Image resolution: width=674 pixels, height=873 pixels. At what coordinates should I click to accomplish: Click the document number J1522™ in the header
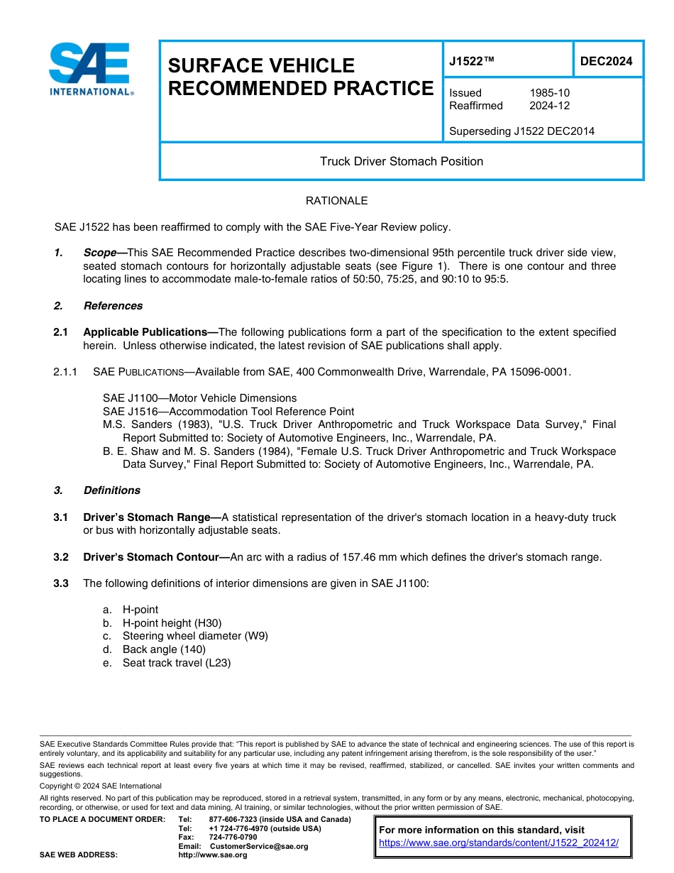pos(471,62)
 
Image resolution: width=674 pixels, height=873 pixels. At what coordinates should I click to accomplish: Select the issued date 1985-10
pos(549,93)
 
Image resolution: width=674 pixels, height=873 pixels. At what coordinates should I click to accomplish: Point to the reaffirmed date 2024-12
pos(549,106)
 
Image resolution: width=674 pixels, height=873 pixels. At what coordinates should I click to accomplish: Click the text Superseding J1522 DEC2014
pos(521,131)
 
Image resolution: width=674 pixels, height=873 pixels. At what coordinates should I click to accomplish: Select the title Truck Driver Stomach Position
pos(401,161)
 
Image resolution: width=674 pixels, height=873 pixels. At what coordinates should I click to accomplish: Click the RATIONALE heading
pos(336,201)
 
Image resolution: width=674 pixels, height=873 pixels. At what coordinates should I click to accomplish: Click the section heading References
pos(113,306)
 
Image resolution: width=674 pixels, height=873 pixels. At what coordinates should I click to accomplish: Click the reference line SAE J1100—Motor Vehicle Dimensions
pos(199,398)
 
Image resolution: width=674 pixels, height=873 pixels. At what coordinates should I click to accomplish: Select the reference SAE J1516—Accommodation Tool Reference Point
pos(228,412)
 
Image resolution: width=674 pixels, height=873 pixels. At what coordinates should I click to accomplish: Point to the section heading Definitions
pos(111,490)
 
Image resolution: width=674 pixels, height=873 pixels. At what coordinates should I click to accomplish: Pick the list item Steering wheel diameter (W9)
pos(195,636)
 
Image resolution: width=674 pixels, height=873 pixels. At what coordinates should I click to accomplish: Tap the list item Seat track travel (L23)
pos(177,663)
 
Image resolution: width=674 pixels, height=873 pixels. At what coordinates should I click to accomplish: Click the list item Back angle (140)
pos(164,649)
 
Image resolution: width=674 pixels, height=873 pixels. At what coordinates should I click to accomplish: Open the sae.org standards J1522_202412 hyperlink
pos(498,842)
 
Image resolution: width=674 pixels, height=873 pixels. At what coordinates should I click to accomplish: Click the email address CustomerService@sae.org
pos(259,846)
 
